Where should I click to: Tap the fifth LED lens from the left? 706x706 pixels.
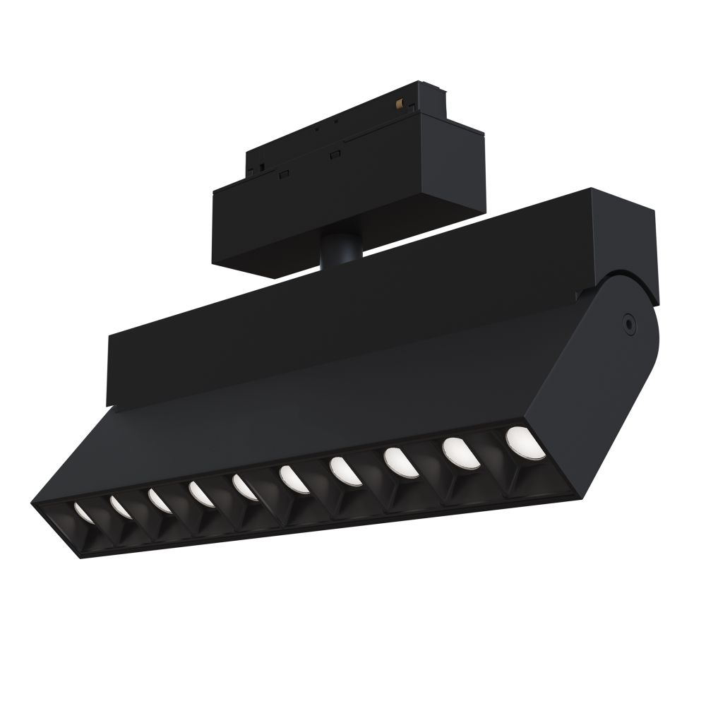point(244,487)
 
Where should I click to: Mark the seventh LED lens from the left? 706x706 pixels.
point(342,470)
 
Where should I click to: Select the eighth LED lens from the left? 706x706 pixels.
point(397,461)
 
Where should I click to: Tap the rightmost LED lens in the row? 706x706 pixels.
point(521,441)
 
